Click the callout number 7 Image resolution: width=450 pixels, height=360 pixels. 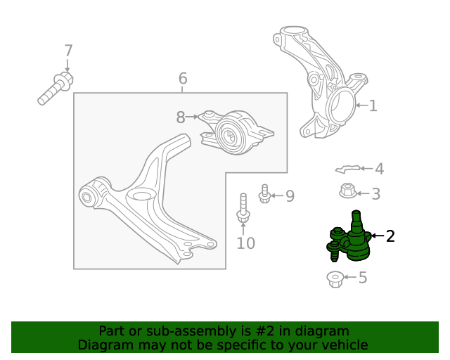[68, 51]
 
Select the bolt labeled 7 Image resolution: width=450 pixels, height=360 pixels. [56, 88]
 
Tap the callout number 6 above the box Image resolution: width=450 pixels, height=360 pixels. [183, 78]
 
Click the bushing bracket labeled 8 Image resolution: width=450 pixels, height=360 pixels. [237, 132]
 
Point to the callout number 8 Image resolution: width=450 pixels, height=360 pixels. [181, 117]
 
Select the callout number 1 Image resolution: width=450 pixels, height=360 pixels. [373, 105]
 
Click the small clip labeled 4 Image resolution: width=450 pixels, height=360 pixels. [348, 169]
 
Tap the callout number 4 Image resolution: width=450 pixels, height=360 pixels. [380, 169]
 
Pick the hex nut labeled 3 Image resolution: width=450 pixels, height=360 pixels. [347, 191]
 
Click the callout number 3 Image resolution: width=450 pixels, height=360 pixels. [376, 194]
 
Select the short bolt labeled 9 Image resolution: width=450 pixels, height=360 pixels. [264, 194]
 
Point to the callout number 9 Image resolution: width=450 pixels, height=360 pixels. [290, 195]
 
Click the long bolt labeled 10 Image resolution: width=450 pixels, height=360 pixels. [243, 208]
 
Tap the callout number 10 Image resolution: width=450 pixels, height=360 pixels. [245, 243]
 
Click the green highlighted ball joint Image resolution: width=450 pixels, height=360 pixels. [349, 236]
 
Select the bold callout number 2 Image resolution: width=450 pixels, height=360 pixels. [390, 236]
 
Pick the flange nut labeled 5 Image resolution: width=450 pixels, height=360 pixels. [335, 279]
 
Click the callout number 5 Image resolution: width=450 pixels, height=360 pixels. [363, 278]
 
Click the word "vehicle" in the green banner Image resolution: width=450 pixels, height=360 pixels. [345, 345]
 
